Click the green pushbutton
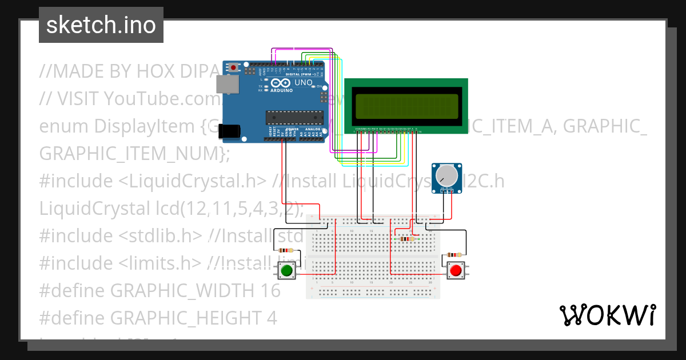pyautogui.click(x=287, y=270)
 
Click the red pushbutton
pyautogui.click(x=456, y=270)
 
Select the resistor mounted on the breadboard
pyautogui.click(x=406, y=239)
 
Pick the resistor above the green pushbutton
pyautogui.click(x=285, y=250)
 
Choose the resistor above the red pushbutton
pyautogui.click(x=455, y=255)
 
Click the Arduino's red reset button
pyautogui.click(x=233, y=67)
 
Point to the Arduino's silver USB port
pyautogui.click(x=227, y=85)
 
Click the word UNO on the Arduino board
pyautogui.click(x=304, y=83)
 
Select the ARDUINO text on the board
pyautogui.click(x=281, y=90)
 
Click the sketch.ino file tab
pyautogui.click(x=101, y=25)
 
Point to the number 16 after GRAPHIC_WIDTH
pyautogui.click(x=270, y=290)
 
